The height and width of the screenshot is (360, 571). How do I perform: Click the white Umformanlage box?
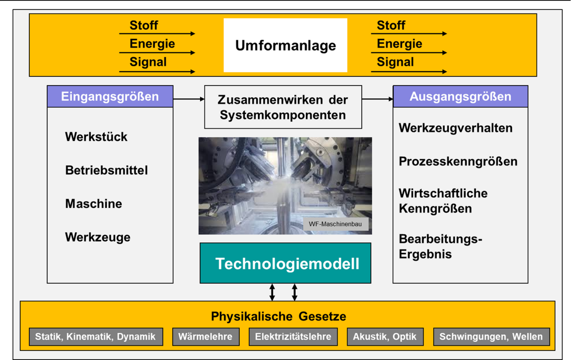pos(285,45)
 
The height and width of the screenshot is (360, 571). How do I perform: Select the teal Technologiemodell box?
pos(285,263)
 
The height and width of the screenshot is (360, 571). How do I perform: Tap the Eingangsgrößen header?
pos(110,96)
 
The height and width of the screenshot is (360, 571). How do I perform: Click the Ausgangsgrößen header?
pos(460,96)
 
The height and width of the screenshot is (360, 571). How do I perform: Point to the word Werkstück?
pos(96,137)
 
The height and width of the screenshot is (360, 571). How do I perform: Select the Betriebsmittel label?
pos(107,170)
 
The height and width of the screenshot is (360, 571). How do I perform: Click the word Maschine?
pos(94,204)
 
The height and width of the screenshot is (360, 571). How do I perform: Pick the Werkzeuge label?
pos(98,237)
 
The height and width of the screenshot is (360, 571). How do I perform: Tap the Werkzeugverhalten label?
pos(455,128)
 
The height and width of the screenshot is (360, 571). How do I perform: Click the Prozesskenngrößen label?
pos(458,162)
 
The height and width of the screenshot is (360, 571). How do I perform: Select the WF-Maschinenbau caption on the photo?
pos(336,224)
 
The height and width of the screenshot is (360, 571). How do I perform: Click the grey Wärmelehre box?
pos(206,337)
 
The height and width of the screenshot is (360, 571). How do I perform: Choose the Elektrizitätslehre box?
pos(293,337)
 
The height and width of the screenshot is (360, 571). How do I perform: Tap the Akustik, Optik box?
pos(385,337)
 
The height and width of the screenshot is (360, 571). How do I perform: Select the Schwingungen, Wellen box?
pos(491,337)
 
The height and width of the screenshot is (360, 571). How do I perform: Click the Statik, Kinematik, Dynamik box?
pos(96,337)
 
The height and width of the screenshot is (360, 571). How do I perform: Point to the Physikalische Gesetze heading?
pos(279,316)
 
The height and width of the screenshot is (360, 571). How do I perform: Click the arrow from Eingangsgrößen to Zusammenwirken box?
pos(189,99)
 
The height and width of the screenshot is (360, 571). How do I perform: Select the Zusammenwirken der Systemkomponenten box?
pos(283,107)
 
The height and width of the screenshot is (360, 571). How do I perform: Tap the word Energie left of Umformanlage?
pos(152,44)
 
